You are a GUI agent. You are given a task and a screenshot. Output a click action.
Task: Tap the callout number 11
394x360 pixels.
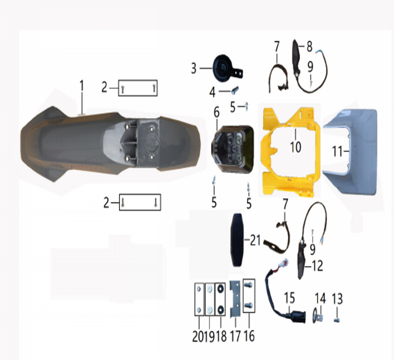coord(338,151)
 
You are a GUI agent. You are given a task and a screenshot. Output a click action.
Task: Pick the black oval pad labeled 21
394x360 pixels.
coord(237,240)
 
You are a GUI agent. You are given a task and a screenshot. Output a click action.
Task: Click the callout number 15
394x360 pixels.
coord(290,298)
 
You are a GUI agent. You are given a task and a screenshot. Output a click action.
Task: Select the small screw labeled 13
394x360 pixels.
coord(337,320)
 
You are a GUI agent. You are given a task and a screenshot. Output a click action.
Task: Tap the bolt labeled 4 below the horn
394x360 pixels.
coord(235,90)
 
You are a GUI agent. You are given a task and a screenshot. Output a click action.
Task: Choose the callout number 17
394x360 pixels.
coord(236,336)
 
